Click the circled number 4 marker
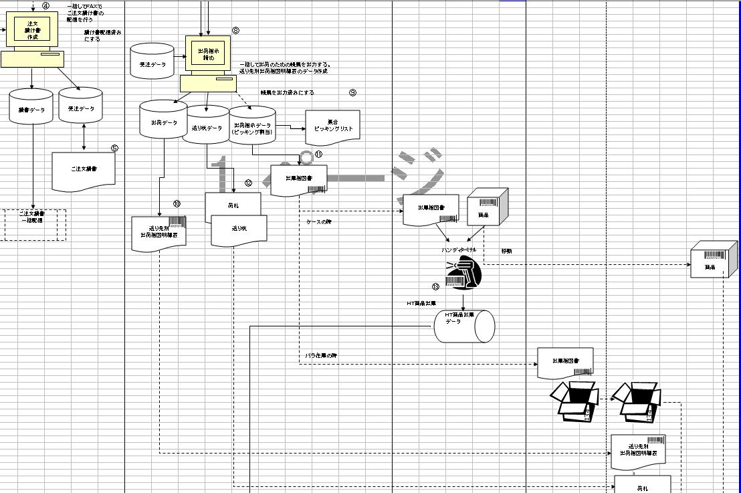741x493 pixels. (x=45, y=6)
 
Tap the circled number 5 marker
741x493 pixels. (x=114, y=149)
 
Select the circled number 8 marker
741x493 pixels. (x=235, y=30)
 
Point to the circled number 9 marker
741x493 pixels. (x=352, y=92)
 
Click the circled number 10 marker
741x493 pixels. (x=177, y=203)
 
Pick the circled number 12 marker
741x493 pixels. (x=248, y=183)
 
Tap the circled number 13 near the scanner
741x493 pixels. (x=435, y=286)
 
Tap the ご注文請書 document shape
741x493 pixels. (x=84, y=169)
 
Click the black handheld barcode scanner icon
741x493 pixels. (x=463, y=274)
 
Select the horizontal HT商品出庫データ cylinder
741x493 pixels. (x=463, y=326)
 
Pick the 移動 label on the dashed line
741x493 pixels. (x=506, y=252)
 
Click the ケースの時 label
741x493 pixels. (x=319, y=221)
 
